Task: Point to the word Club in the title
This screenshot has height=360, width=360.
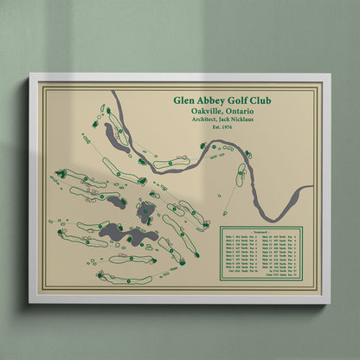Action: coord(261,101)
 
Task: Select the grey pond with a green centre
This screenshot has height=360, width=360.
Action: coord(145,210)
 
